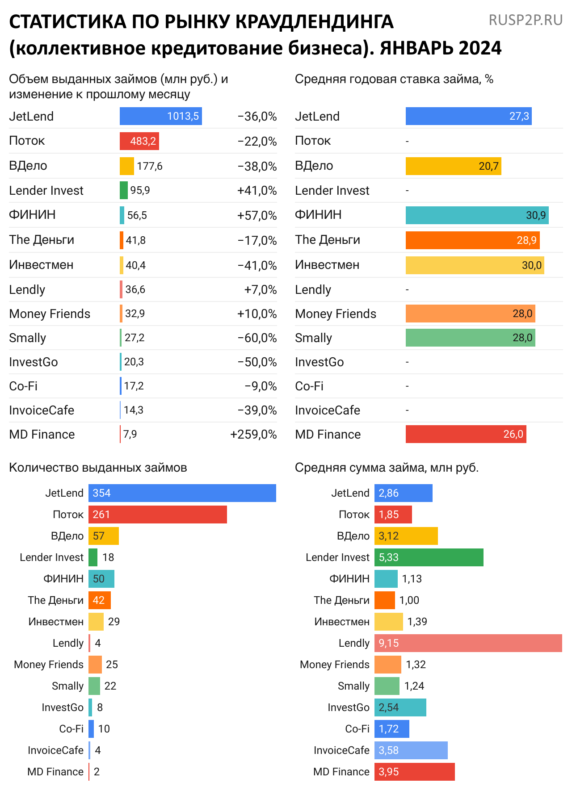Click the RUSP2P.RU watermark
[526, 20]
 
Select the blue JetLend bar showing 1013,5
[160, 116]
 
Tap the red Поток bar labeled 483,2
[139, 141]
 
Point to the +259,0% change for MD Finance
[253, 434]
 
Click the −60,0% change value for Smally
[257, 338]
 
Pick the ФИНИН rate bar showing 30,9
[477, 215]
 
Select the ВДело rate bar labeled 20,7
[453, 166]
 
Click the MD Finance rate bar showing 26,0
[466, 434]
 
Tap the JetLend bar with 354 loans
[182, 493]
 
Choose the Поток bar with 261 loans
[157, 515]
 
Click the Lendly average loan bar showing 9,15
[468, 643]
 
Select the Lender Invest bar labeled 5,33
[429, 557]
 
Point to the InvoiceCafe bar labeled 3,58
[411, 750]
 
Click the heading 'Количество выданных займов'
[98, 467]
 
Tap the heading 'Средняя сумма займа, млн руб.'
[387, 467]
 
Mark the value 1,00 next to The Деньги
[409, 600]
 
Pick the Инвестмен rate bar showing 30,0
[475, 265]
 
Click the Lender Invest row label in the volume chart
[46, 190]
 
